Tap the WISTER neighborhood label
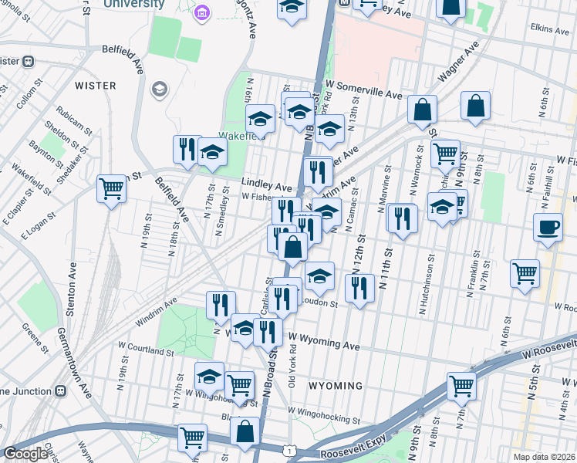coord(96,84)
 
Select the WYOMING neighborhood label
coord(336,385)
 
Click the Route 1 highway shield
coord(288,449)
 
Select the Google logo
coord(25,454)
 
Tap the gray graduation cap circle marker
coord(160,90)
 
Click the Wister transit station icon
coord(28,61)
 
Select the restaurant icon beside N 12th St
coord(360,288)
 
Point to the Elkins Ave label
coord(549,28)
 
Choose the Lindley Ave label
coord(266,186)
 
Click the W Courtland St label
coord(145,351)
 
